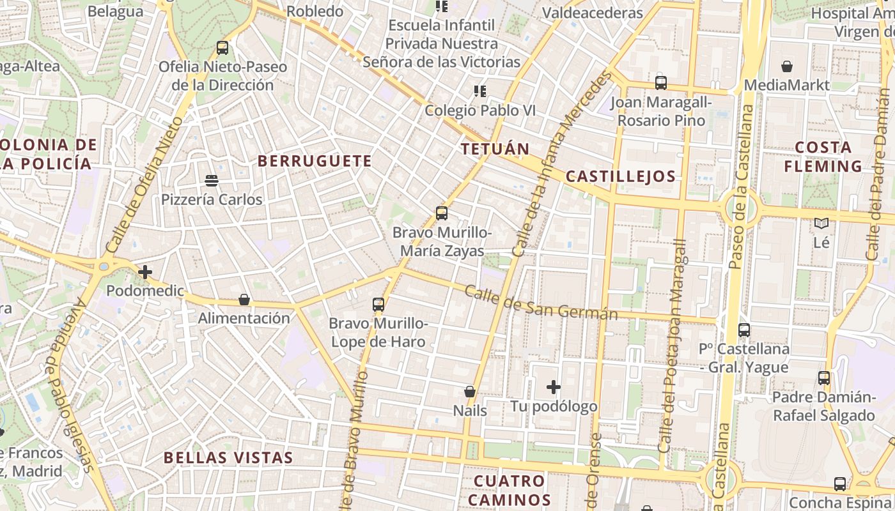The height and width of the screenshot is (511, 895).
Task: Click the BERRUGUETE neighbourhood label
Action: (x=314, y=161)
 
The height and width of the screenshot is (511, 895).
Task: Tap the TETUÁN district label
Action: (x=495, y=149)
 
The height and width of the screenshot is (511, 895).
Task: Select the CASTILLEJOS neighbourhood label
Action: (x=621, y=176)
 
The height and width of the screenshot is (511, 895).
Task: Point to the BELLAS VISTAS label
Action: (x=228, y=457)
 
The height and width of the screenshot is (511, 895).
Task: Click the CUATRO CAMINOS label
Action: (x=510, y=490)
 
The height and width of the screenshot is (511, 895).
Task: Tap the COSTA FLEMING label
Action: (x=823, y=156)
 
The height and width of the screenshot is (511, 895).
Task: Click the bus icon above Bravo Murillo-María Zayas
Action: (x=441, y=213)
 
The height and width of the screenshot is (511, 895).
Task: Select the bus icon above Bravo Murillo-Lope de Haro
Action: (x=378, y=305)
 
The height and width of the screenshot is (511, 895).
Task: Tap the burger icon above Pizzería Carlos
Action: (x=212, y=181)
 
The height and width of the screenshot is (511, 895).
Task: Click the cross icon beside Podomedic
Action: (x=145, y=273)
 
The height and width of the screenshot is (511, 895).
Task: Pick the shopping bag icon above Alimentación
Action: (x=244, y=300)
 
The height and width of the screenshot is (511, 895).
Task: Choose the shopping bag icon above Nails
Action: (x=470, y=392)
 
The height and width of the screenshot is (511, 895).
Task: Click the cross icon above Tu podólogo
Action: (x=554, y=387)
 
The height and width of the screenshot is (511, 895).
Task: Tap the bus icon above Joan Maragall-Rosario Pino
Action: (x=660, y=83)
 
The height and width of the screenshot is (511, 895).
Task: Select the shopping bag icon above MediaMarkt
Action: (x=787, y=66)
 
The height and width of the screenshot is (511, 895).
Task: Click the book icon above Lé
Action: (x=821, y=224)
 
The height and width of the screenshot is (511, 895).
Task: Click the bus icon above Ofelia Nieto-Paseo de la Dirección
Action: (x=222, y=48)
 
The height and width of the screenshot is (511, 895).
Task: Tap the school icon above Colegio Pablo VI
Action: (x=480, y=91)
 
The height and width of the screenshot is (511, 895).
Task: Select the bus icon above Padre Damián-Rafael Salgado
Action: (x=824, y=378)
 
